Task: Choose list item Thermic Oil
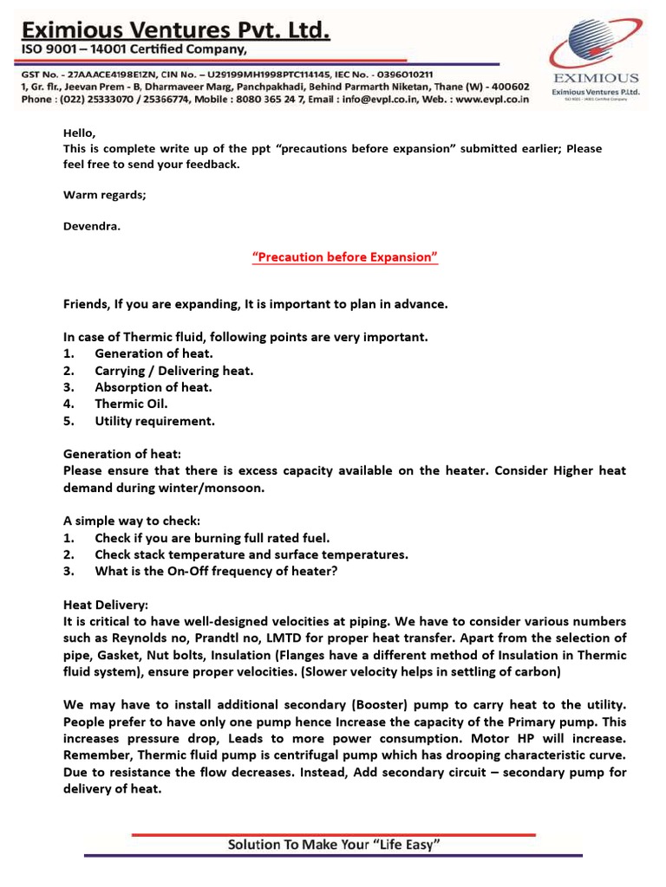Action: (131, 404)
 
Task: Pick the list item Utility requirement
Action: (154, 421)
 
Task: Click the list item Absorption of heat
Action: (153, 387)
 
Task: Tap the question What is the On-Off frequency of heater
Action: (217, 572)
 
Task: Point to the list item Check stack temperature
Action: (251, 554)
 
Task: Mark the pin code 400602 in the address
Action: (508, 87)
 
